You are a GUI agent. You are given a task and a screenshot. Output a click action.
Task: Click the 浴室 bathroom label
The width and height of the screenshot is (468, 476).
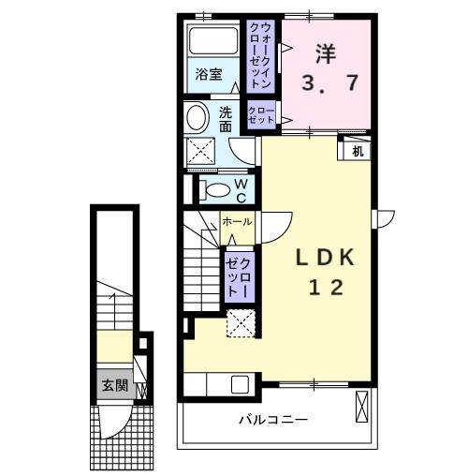coord(209,74)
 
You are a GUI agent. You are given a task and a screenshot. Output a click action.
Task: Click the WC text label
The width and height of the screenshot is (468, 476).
coord(241,190)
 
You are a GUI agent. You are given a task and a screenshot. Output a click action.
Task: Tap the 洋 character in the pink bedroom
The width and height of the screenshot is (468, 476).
coord(326,52)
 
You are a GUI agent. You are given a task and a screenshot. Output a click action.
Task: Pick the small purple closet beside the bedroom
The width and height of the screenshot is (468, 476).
coord(261,115)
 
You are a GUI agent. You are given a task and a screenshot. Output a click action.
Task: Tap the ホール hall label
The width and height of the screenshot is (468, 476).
coord(237,222)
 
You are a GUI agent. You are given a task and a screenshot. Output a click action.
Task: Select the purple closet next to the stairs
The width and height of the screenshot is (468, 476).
coord(237,275)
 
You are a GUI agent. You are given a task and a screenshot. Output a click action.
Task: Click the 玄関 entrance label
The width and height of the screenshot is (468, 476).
coord(115,384)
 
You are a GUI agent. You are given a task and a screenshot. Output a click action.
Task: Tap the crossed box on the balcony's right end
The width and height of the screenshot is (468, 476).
coord(363,408)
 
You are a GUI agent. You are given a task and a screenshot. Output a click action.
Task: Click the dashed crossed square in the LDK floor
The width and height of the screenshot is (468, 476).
coord(241,323)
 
